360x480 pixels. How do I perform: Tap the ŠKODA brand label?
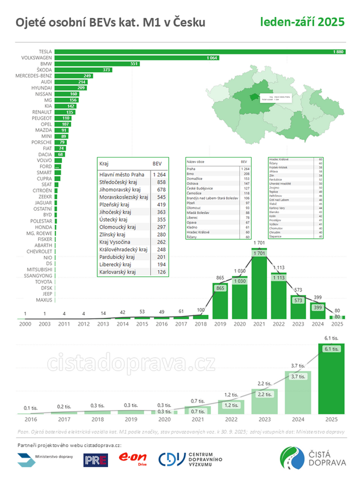(41, 70)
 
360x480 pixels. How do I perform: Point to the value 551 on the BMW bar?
(134, 64)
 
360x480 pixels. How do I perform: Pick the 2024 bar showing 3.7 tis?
(298, 392)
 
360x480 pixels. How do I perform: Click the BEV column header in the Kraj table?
(157, 163)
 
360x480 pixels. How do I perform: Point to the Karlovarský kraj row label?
(118, 272)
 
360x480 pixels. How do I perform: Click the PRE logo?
(96, 459)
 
